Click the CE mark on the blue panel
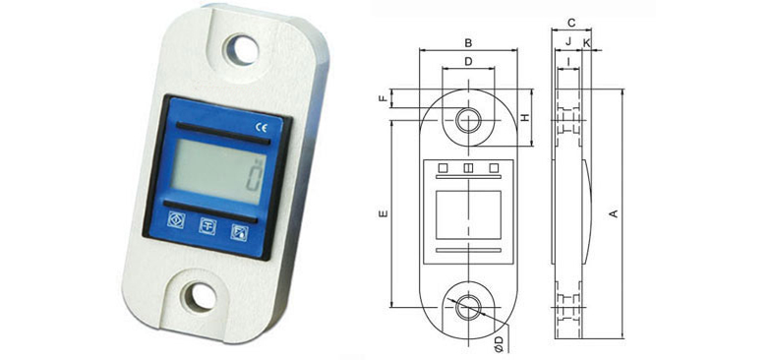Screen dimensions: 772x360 (x=261, y=127)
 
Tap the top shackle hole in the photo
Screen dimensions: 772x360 (x=242, y=50)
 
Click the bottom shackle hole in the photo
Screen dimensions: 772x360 (x=200, y=297)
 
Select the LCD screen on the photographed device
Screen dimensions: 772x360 (x=218, y=171)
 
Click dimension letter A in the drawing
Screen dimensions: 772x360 (x=614, y=213)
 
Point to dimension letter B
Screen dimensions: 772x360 (x=469, y=43)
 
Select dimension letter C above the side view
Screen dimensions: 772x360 (x=571, y=23)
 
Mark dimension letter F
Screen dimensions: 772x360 (x=384, y=98)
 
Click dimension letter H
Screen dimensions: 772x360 (x=525, y=118)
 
